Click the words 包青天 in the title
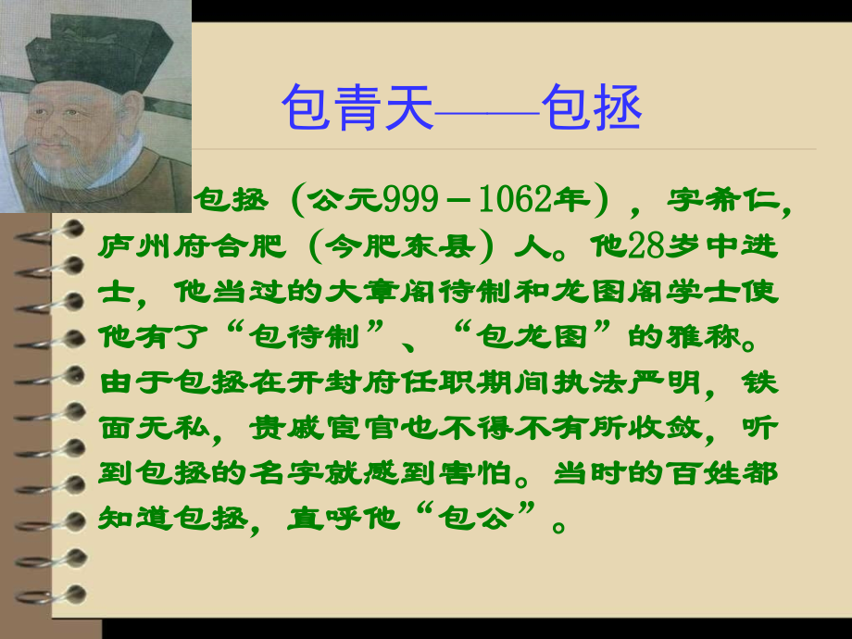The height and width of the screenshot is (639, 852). tap(357, 109)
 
